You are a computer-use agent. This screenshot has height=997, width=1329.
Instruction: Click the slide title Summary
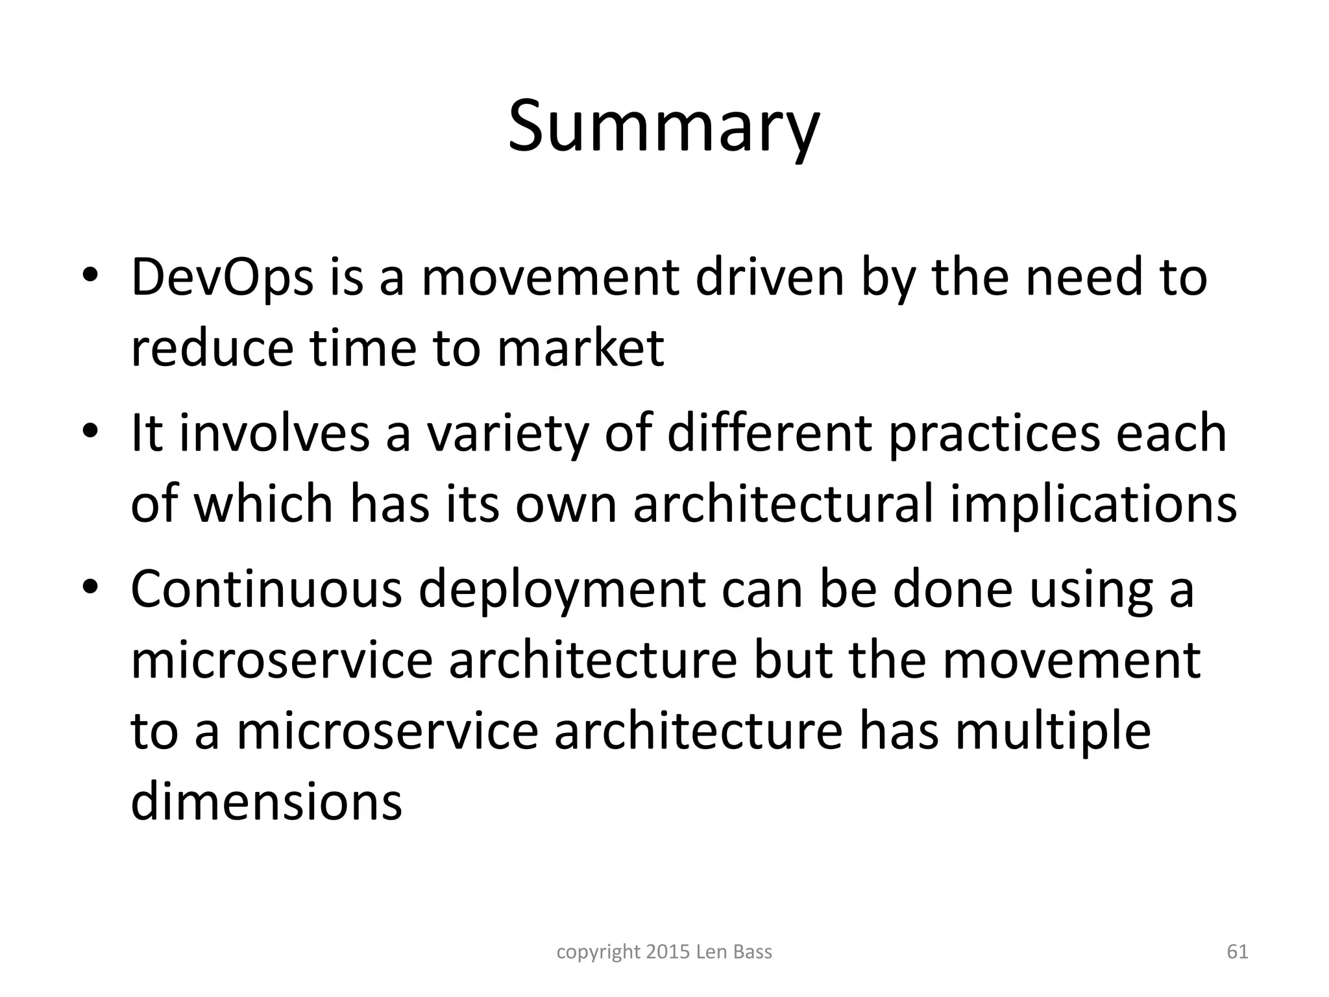663,127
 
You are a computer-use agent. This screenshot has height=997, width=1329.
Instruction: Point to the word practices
994,433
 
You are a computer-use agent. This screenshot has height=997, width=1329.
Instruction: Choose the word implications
1093,504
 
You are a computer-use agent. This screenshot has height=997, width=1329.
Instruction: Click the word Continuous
266,589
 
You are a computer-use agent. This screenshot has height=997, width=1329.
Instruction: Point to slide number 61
1238,952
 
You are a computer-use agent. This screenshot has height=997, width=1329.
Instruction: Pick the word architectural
783,504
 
